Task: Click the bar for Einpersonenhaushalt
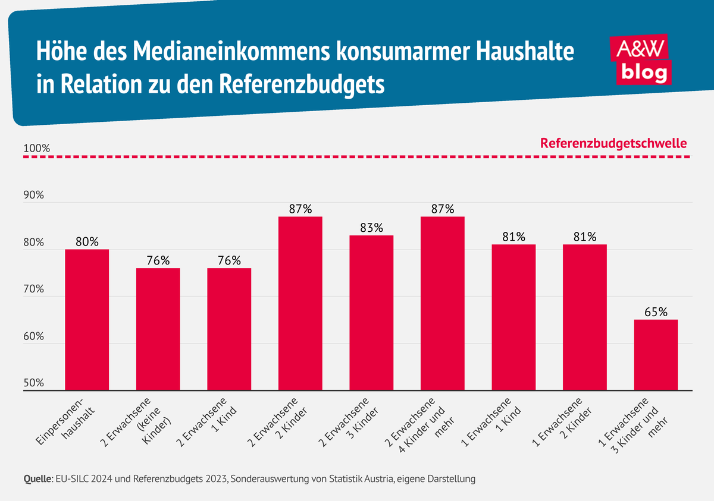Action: (87, 320)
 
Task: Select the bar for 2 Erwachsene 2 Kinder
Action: (300, 303)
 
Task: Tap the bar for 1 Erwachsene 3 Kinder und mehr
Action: (656, 355)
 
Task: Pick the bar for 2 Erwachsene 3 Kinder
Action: (371, 313)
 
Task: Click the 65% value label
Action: (656, 312)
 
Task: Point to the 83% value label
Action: (371, 228)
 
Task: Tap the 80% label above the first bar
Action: (87, 242)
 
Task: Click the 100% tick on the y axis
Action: (34, 148)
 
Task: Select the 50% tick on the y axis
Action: (34, 383)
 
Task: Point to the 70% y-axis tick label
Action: (34, 289)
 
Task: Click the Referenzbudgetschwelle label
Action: (613, 143)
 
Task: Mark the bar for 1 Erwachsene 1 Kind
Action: (513, 317)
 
